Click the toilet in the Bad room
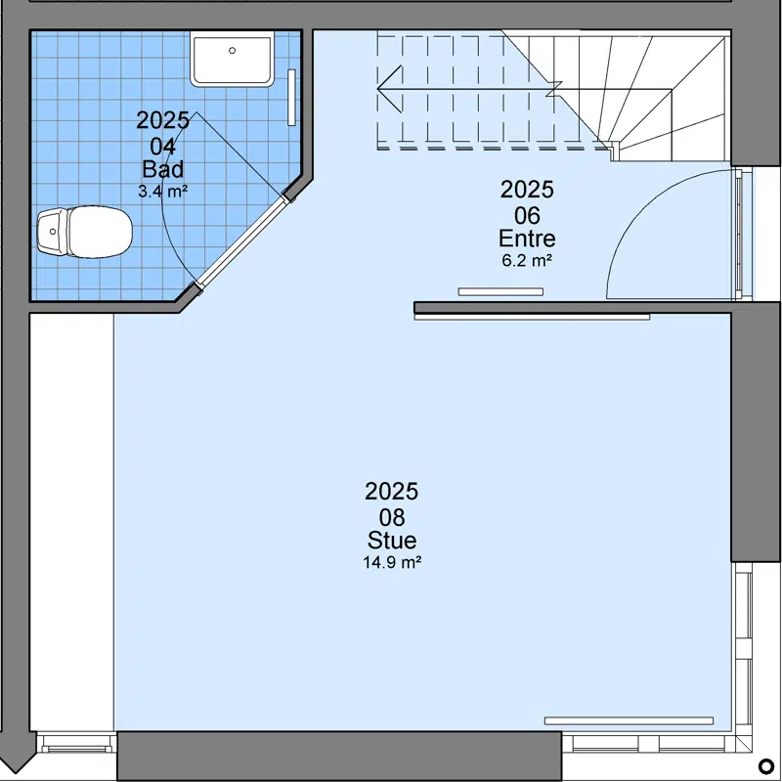(x=85, y=233)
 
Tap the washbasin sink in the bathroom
(x=233, y=59)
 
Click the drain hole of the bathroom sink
(x=232, y=51)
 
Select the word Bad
(x=162, y=169)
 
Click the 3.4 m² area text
(x=162, y=191)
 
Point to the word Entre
(x=527, y=239)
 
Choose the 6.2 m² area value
(x=527, y=260)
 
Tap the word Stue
(x=392, y=541)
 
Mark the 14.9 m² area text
(x=392, y=563)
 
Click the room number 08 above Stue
(x=392, y=518)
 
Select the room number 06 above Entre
(x=527, y=216)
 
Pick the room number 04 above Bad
(x=162, y=147)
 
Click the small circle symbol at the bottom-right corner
(x=765, y=765)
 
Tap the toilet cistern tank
(x=53, y=232)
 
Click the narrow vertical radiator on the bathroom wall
(x=291, y=97)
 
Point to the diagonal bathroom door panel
(x=242, y=241)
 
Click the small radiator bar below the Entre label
(x=500, y=291)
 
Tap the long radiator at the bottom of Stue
(x=629, y=720)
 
